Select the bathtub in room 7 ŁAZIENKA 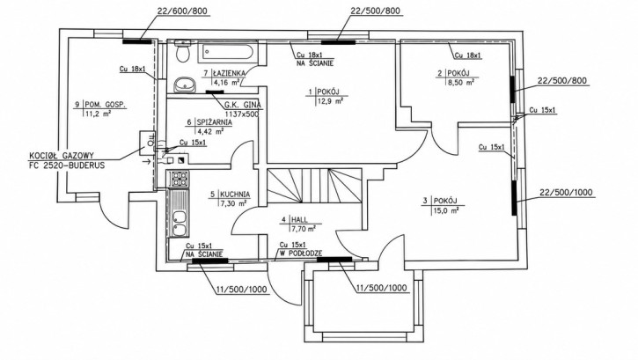click(x=228, y=53)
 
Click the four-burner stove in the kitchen click(x=179, y=179)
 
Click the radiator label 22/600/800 click(x=184, y=11)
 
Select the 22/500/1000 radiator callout click(x=566, y=193)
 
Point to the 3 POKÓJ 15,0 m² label click(x=441, y=205)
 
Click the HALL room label click(x=299, y=220)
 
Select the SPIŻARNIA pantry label click(x=215, y=122)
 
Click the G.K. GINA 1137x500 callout click(x=243, y=109)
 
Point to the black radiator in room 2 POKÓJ click(x=513, y=89)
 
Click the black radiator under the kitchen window click(x=210, y=261)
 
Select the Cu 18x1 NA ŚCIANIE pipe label click(x=315, y=59)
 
